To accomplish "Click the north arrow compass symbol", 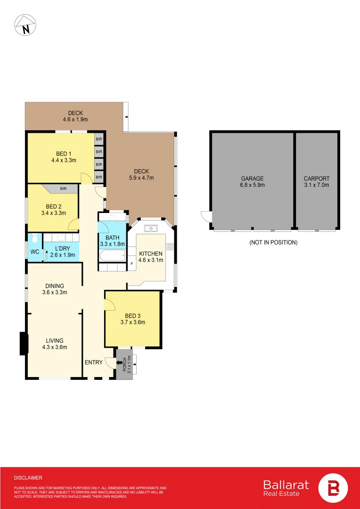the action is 25,25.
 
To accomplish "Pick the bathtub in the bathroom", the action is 112,257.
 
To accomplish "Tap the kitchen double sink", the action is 151,229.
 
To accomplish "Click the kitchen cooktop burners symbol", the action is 170,246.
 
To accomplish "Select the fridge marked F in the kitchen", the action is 132,263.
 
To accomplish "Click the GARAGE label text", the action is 252,179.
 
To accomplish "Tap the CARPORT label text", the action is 317,179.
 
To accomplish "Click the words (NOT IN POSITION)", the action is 273,242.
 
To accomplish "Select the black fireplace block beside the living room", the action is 24,343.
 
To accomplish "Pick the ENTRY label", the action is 94,362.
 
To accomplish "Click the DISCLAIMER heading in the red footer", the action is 28,478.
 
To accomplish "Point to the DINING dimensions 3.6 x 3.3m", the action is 55,292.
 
